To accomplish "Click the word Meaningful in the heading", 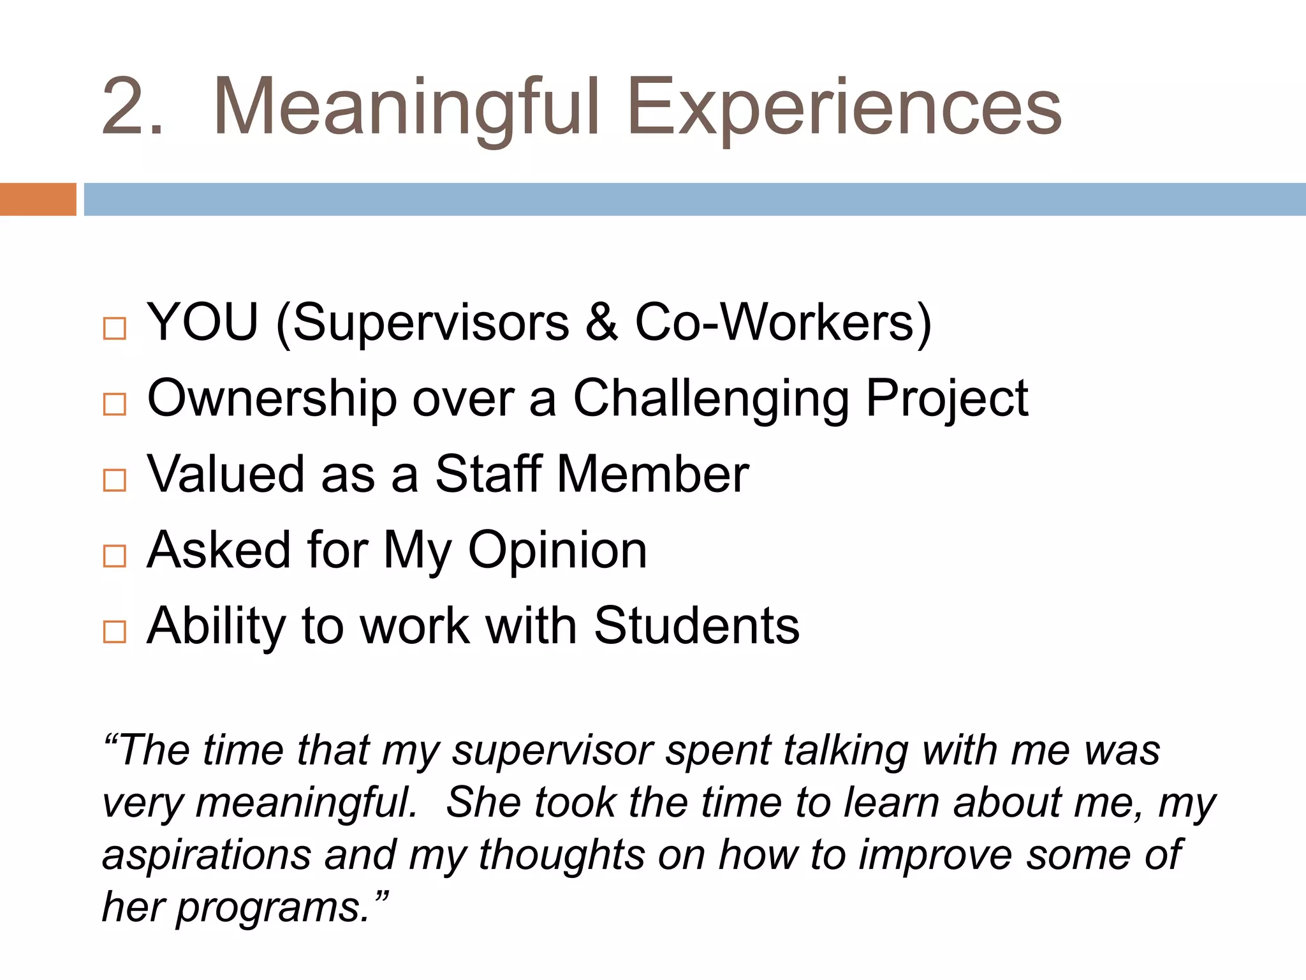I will [407, 107].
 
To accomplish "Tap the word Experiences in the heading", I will [844, 107].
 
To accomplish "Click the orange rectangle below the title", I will [38, 199].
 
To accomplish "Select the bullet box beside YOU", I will [115, 329].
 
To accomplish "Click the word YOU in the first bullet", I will [203, 322].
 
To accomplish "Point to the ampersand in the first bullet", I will [601, 322].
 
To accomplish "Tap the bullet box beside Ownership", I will [115, 404].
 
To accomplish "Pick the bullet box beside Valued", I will [115, 480].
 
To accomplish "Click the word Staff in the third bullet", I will [488, 474].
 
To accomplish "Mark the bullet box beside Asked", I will [115, 556].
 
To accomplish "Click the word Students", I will [696, 626].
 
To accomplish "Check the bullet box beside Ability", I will [115, 632].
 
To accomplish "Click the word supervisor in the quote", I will [552, 750].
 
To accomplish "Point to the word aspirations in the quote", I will [207, 855].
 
